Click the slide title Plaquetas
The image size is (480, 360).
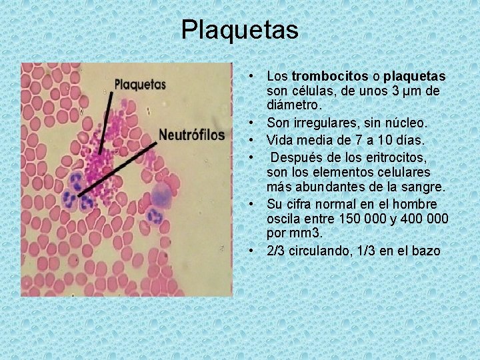coord(239,29)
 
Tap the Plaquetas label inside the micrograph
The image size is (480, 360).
coord(141,85)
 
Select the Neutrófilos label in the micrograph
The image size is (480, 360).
coord(191,135)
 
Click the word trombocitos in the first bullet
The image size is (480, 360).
coord(323,77)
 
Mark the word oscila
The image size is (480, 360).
coord(282,219)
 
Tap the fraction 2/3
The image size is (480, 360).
coord(275,251)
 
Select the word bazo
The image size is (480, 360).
coord(427,251)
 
